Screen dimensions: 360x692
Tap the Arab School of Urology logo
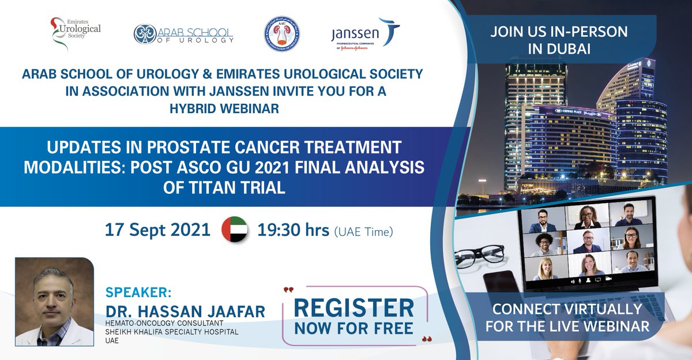point(183,33)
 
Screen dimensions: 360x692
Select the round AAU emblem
point(281,33)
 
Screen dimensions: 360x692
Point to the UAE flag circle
point(235,230)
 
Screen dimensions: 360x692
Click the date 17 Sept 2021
point(157,230)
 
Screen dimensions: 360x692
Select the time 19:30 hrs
point(294,230)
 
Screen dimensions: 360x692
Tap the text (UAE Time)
point(364,232)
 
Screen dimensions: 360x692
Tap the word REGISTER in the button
point(355,307)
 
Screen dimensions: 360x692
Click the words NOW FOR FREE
point(355,328)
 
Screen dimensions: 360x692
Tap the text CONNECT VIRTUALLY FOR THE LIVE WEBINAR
point(567,317)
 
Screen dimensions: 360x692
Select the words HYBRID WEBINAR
point(222,107)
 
